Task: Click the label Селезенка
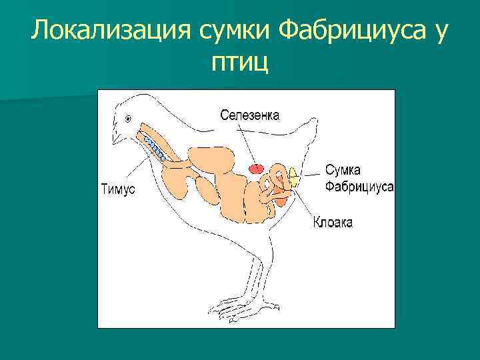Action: (250, 115)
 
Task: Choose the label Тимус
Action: (118, 189)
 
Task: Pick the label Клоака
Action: (333, 222)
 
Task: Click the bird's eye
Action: (127, 118)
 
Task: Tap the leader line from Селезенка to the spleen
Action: (249, 143)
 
